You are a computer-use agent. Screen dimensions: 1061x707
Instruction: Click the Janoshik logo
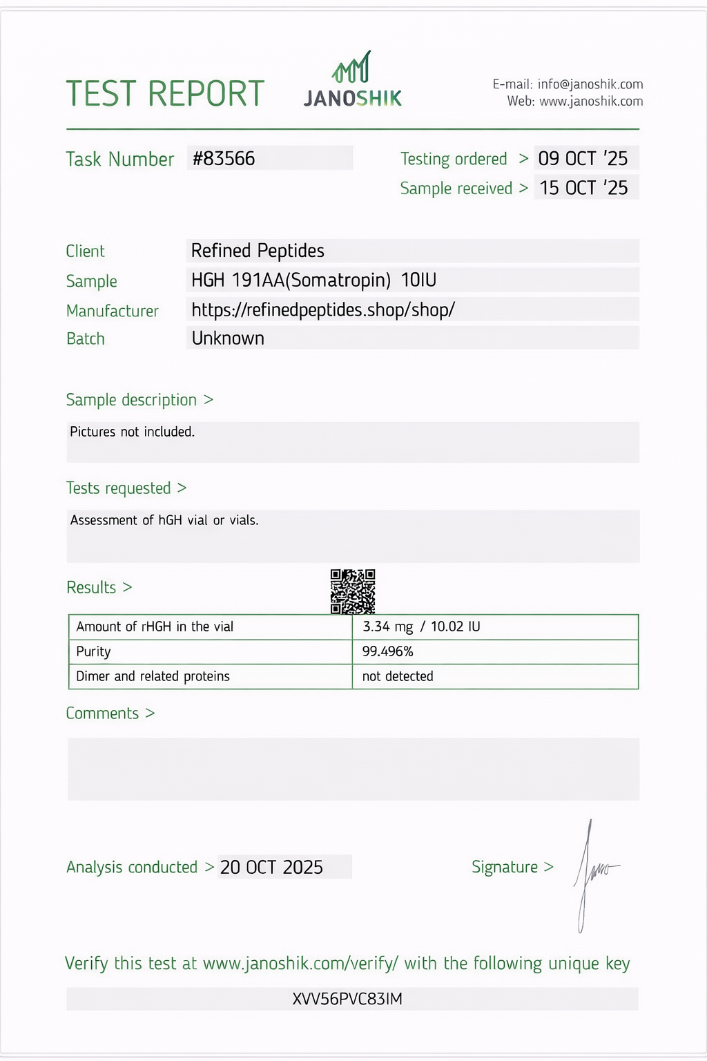353,81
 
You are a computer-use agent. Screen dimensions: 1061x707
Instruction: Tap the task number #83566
224,159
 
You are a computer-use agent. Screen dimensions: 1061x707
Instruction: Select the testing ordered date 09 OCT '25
583,159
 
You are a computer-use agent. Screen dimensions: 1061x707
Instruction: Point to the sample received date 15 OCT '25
583,188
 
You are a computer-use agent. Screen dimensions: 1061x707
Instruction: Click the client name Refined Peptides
258,251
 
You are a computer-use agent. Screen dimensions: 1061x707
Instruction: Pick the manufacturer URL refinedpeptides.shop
323,309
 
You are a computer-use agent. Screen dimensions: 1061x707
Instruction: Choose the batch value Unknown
228,338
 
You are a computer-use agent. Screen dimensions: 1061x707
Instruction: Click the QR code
353,591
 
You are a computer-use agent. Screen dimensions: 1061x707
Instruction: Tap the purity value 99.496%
388,651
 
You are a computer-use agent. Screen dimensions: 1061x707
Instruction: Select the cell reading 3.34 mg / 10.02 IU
421,627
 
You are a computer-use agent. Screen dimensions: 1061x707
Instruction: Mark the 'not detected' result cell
398,676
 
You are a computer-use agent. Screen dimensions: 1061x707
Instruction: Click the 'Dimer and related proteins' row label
153,676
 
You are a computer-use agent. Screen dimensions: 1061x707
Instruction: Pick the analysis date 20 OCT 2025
271,868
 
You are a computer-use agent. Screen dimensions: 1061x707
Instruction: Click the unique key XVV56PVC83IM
347,999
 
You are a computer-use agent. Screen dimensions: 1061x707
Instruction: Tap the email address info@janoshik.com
590,84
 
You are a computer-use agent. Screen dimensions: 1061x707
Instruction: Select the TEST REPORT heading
165,94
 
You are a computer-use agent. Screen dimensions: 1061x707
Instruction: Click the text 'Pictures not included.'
133,432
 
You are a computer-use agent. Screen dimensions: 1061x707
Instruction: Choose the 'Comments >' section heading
110,714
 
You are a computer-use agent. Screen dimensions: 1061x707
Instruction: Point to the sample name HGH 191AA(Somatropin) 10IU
313,280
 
